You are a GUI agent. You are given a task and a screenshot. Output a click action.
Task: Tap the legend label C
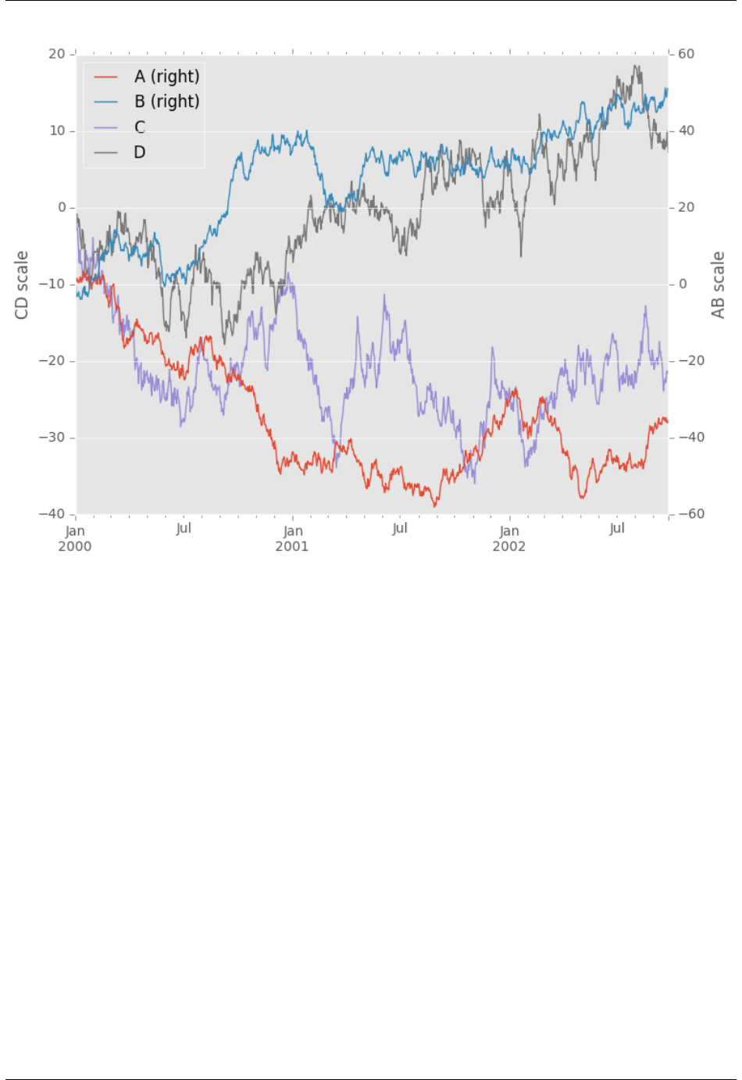coord(140,127)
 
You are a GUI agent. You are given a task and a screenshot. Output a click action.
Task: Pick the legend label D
coord(140,152)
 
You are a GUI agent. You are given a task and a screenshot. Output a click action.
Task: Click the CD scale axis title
coord(22,285)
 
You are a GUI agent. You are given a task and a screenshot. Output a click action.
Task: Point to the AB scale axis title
coord(718,285)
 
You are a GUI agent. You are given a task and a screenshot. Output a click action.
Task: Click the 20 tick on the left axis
coord(57,54)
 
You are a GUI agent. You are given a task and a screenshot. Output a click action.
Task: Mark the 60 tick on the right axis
coord(686,54)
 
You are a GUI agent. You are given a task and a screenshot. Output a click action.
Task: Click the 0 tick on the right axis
coord(683,284)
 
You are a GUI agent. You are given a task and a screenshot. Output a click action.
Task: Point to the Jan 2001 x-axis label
coord(292,538)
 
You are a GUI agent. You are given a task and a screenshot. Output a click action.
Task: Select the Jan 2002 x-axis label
coord(509,538)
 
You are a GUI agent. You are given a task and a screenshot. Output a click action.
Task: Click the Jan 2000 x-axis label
coord(75,538)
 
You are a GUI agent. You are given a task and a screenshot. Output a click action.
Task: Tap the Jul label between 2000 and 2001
coord(184,528)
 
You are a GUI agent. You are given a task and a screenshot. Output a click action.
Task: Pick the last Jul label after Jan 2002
coord(617,528)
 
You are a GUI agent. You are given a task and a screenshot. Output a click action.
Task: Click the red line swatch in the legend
coord(105,77)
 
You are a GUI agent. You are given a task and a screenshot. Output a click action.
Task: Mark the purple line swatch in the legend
coord(105,127)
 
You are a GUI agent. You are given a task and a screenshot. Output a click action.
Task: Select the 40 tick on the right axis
coord(686,131)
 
